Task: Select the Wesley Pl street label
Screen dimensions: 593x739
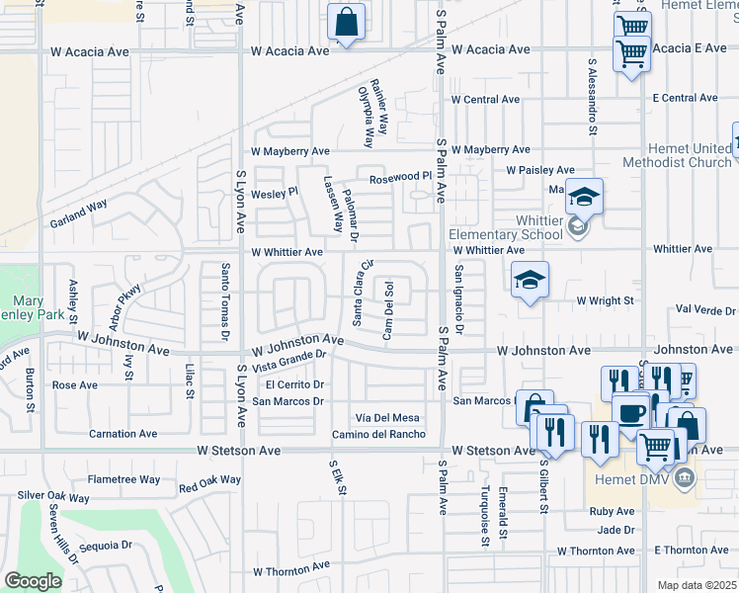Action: point(277,193)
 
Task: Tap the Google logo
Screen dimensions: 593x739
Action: point(33,581)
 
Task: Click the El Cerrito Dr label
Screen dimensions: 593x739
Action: point(294,384)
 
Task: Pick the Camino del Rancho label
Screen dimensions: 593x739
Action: point(378,434)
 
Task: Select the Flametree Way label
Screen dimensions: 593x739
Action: point(124,479)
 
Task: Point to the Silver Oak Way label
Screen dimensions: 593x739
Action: point(54,496)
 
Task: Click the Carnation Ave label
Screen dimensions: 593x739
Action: point(123,433)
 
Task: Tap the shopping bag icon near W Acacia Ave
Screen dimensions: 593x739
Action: point(347,22)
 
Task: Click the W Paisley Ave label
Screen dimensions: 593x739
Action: point(540,170)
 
